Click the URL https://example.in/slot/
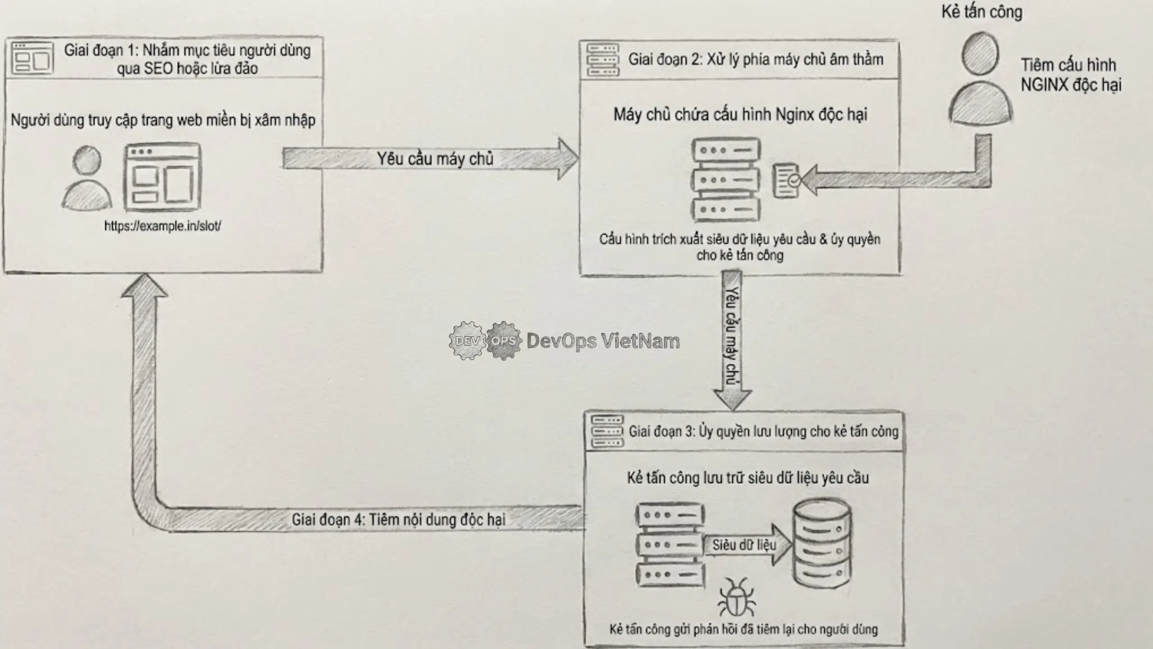pos(163,226)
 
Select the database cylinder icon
pos(822,543)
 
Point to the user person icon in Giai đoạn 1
pos(86,178)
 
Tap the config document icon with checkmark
pos(786,180)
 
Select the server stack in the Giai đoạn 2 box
pos(726,180)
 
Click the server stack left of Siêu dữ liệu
pos(670,545)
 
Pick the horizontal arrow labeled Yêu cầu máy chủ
pos(430,159)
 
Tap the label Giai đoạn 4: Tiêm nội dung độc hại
pos(399,519)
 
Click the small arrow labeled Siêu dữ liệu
pos(748,545)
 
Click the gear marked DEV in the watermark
pos(467,341)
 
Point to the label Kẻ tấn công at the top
pos(981,12)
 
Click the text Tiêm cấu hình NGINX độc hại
pos(1071,75)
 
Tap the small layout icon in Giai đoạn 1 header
pos(32,59)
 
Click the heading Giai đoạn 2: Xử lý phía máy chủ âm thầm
pos(755,59)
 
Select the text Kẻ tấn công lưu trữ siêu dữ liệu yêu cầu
pos(748,478)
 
